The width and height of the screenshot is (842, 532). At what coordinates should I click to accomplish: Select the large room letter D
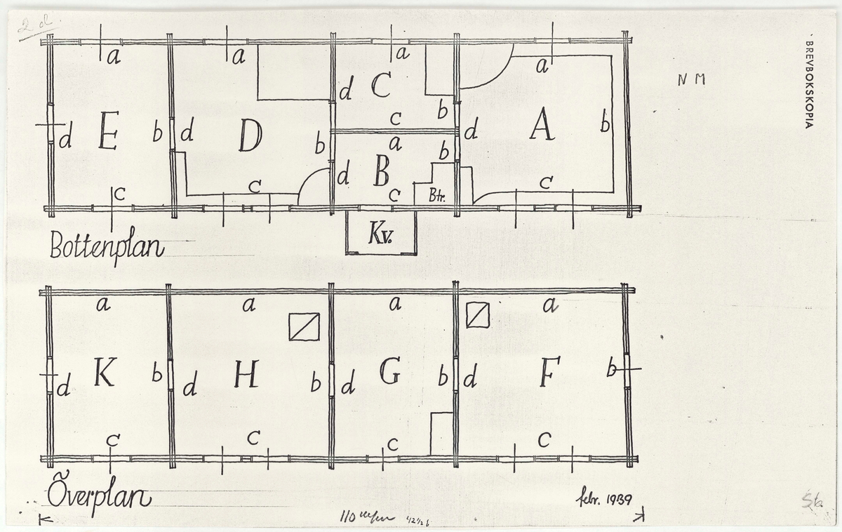(250, 135)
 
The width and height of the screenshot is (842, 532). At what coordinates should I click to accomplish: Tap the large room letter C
(380, 86)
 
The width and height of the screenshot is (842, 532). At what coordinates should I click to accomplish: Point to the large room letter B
(381, 171)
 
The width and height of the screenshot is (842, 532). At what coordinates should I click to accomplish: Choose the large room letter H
(246, 377)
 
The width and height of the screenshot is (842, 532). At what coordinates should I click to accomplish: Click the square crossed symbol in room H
(304, 326)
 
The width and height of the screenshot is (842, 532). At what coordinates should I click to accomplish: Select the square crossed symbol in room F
(477, 314)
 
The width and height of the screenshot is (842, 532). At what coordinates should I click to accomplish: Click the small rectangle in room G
(441, 434)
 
